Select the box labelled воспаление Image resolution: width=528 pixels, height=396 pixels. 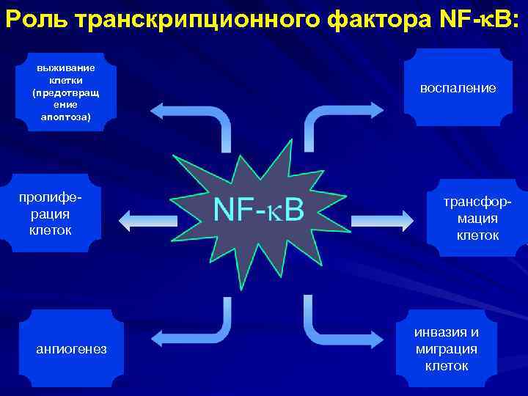[458, 88]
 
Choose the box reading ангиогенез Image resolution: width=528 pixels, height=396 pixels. [71, 349]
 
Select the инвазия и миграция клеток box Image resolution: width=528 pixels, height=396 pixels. [447, 348]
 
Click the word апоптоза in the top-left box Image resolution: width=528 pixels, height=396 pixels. [66, 116]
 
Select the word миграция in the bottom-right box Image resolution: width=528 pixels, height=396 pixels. [447, 349]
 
